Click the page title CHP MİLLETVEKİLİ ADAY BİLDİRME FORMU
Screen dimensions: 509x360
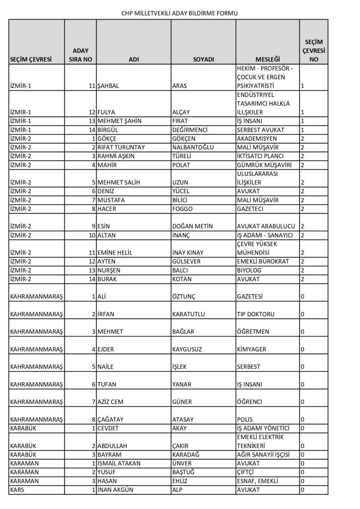click(x=180, y=13)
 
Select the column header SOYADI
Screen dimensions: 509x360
click(x=203, y=59)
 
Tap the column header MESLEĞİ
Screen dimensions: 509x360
click(x=268, y=59)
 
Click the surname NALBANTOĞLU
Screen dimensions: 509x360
click(x=193, y=148)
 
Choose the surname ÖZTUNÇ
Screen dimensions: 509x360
click(x=184, y=297)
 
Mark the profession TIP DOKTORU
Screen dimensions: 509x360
click(x=255, y=314)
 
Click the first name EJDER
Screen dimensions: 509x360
click(x=106, y=350)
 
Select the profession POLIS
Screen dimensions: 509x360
click(x=245, y=420)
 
